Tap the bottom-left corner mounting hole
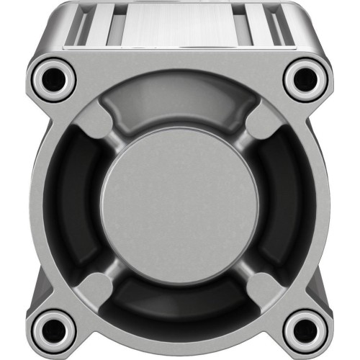click(52, 330)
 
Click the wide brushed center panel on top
click(179, 25)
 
